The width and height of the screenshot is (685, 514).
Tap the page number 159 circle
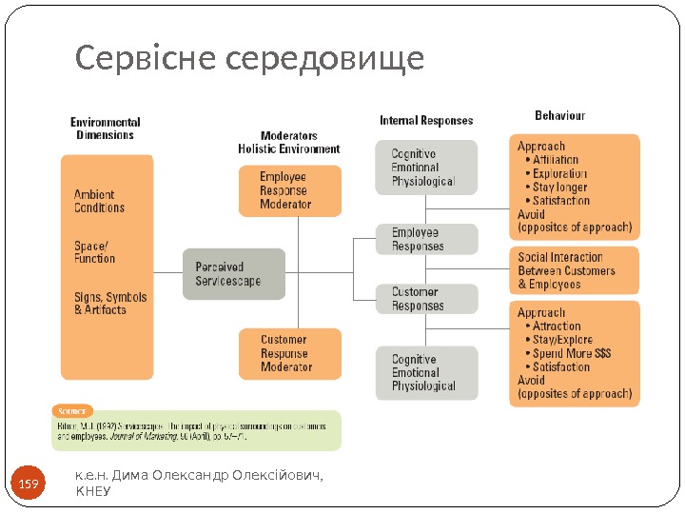click(x=29, y=485)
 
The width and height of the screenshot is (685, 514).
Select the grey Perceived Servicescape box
click(x=233, y=274)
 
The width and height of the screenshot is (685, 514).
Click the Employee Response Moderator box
click(x=289, y=190)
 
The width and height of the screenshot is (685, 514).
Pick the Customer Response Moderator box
click(x=289, y=353)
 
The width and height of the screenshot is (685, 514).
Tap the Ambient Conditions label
click(x=100, y=201)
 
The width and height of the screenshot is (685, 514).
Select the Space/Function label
click(x=94, y=251)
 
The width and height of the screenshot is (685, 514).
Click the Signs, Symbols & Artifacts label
click(x=110, y=304)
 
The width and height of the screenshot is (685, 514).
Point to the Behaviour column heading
click(x=560, y=115)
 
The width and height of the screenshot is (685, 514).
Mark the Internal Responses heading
click(x=426, y=121)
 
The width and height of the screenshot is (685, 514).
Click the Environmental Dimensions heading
click(x=106, y=128)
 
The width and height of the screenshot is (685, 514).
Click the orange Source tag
click(x=71, y=411)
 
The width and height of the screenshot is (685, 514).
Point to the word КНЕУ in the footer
click(x=92, y=492)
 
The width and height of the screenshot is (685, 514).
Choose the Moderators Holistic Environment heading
click(x=289, y=143)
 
